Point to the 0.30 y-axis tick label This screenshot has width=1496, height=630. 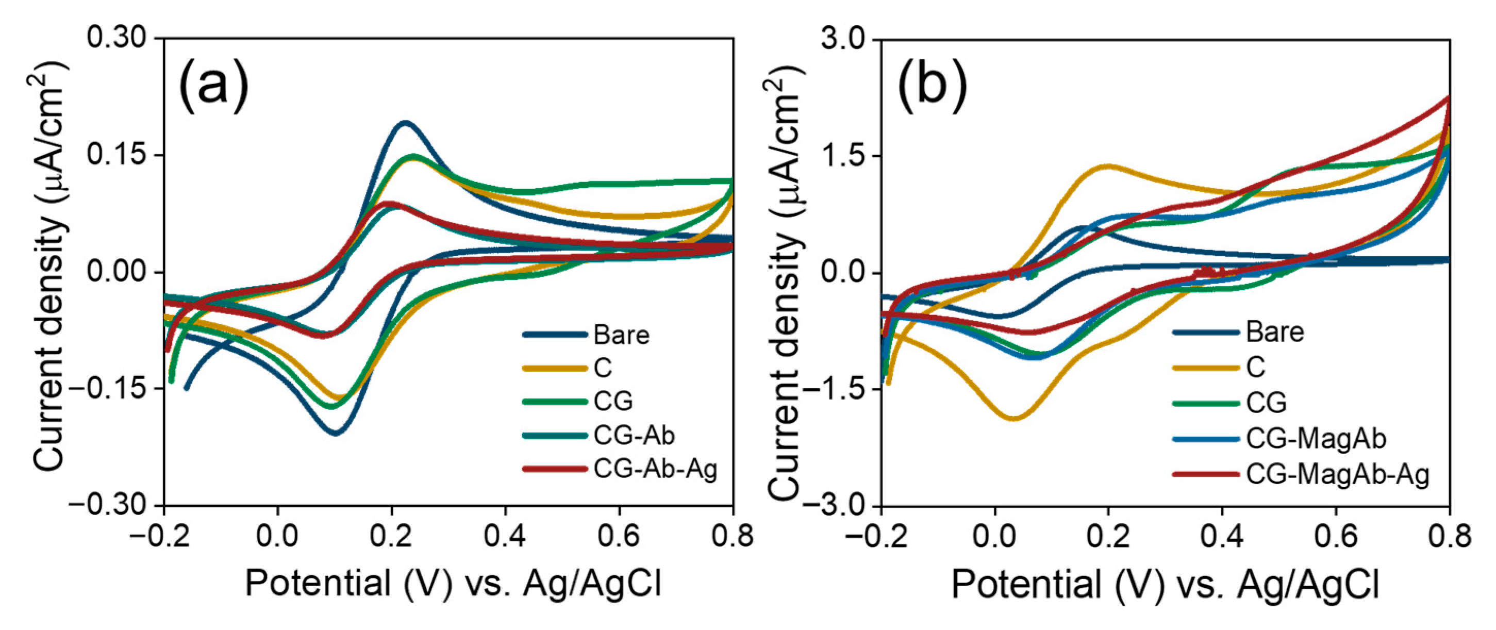116,38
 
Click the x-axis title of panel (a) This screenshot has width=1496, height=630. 453,584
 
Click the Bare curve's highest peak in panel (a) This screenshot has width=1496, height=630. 405,123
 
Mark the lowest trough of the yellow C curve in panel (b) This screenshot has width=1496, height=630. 1014,418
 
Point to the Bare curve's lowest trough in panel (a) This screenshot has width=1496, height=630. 336,433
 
